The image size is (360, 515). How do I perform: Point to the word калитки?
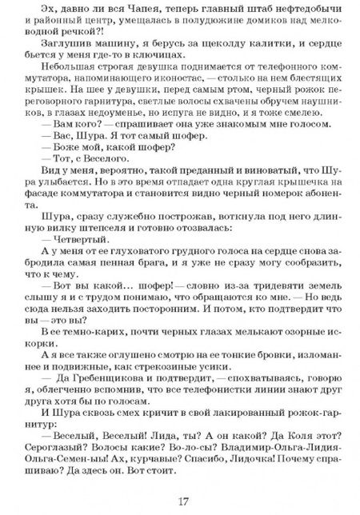coord(256,42)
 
